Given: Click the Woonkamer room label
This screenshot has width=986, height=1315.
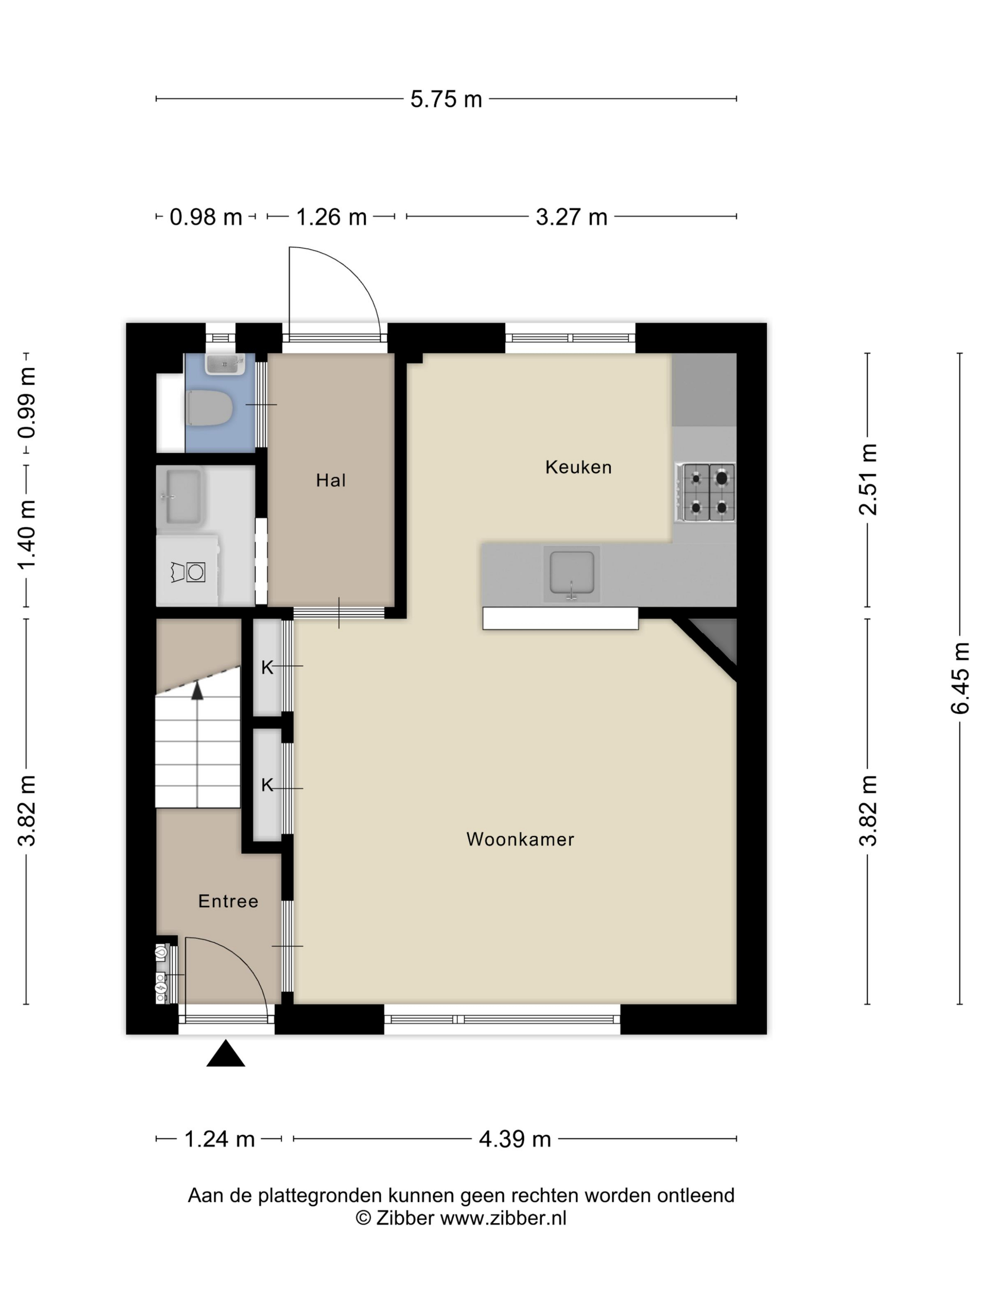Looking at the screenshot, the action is (520, 839).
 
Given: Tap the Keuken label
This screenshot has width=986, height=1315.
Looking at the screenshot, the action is (578, 467).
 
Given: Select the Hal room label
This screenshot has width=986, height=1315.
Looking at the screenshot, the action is (331, 480).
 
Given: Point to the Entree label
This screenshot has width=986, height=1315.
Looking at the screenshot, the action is (228, 901).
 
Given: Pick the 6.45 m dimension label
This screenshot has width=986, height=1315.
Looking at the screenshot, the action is (960, 677).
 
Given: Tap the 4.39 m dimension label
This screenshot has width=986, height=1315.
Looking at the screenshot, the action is (515, 1139).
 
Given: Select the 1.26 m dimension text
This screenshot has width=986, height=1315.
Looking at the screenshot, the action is (331, 217).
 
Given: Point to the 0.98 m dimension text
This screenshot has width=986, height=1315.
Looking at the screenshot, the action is (206, 217).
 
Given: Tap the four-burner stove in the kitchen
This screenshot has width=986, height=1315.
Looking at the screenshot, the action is (706, 492).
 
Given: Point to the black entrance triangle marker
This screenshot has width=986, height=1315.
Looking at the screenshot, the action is (225, 1053).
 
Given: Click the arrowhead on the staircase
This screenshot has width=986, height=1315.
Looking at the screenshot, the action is (197, 690).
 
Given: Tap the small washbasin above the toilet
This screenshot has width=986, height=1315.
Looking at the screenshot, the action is (224, 364).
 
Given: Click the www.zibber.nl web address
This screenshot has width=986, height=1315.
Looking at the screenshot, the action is (503, 1218).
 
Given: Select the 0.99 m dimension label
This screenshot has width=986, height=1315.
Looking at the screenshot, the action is (27, 402).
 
